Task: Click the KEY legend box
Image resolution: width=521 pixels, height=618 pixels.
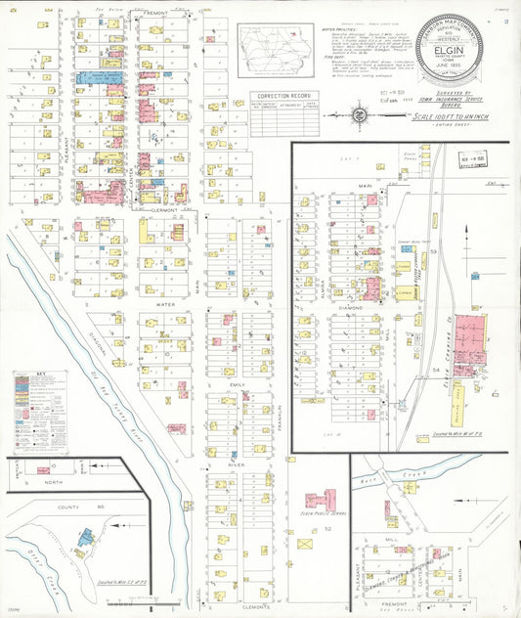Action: [40, 412]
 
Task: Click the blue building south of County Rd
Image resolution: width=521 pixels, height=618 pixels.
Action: [87, 535]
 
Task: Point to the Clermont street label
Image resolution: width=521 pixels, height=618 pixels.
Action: [164, 209]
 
